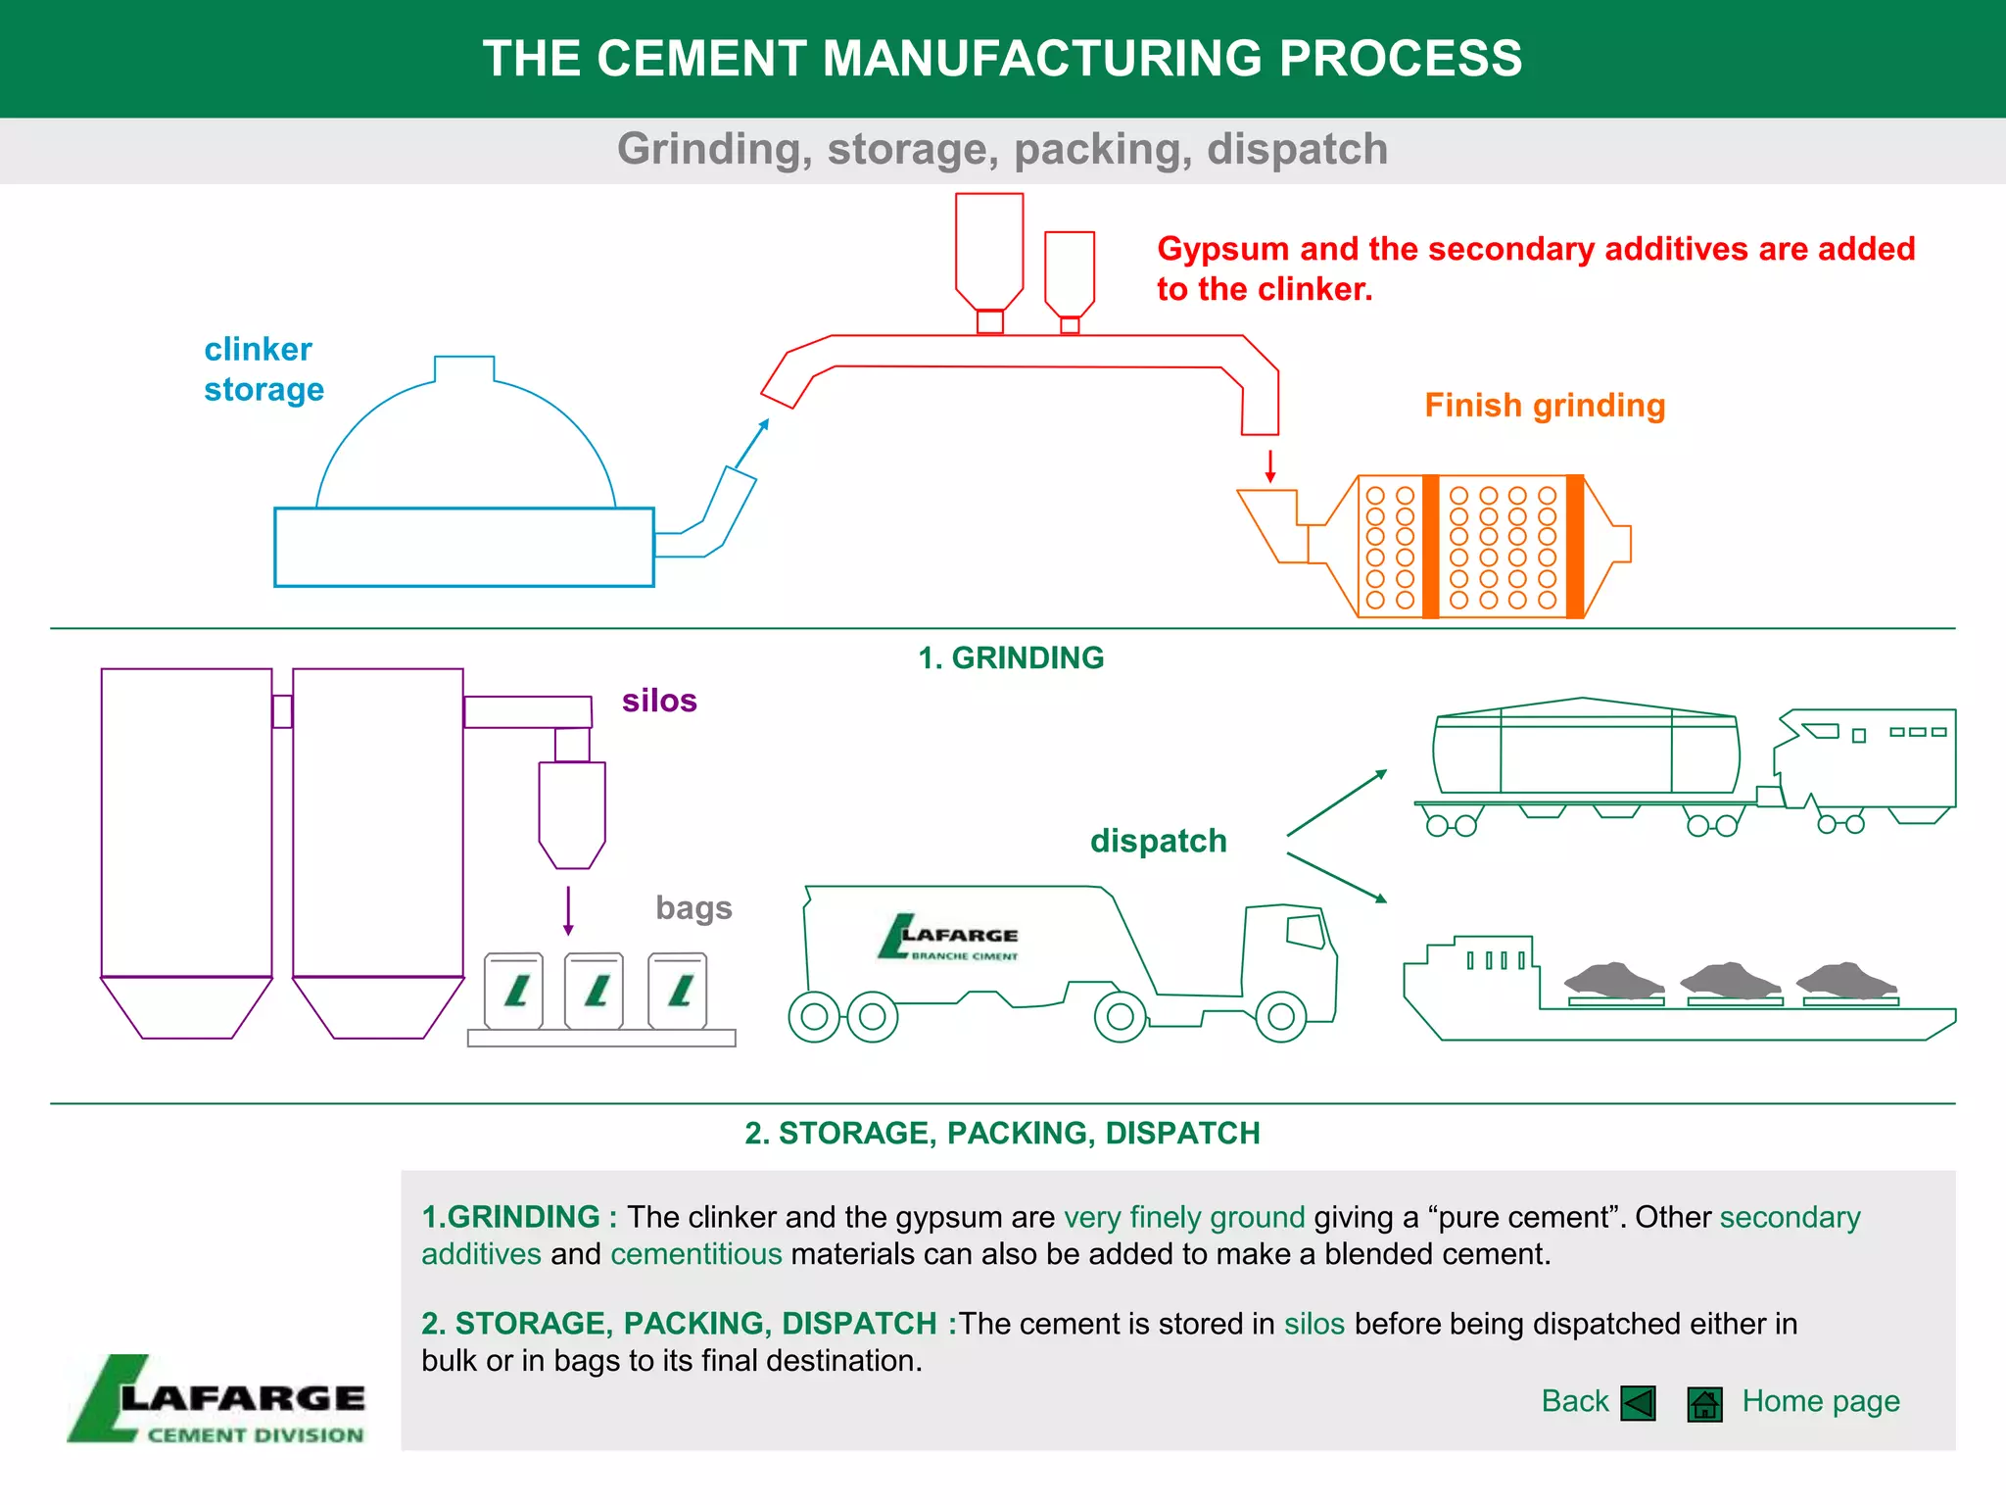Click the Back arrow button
(x=1638, y=1403)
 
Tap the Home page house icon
(x=1704, y=1404)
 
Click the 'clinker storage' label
(x=263, y=369)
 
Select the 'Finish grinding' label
(x=1545, y=406)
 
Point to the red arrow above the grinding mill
(x=1270, y=466)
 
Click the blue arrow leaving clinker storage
(x=752, y=443)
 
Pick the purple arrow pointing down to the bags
(x=568, y=911)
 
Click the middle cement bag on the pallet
(x=595, y=990)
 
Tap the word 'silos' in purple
(x=659, y=701)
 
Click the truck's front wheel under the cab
(x=1280, y=1017)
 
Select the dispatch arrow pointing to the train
(x=1337, y=802)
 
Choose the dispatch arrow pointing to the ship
(x=1337, y=878)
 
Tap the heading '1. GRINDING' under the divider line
(x=1011, y=657)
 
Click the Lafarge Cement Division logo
(x=217, y=1400)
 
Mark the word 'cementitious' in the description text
(x=696, y=1254)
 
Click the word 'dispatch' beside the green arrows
(x=1158, y=841)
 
